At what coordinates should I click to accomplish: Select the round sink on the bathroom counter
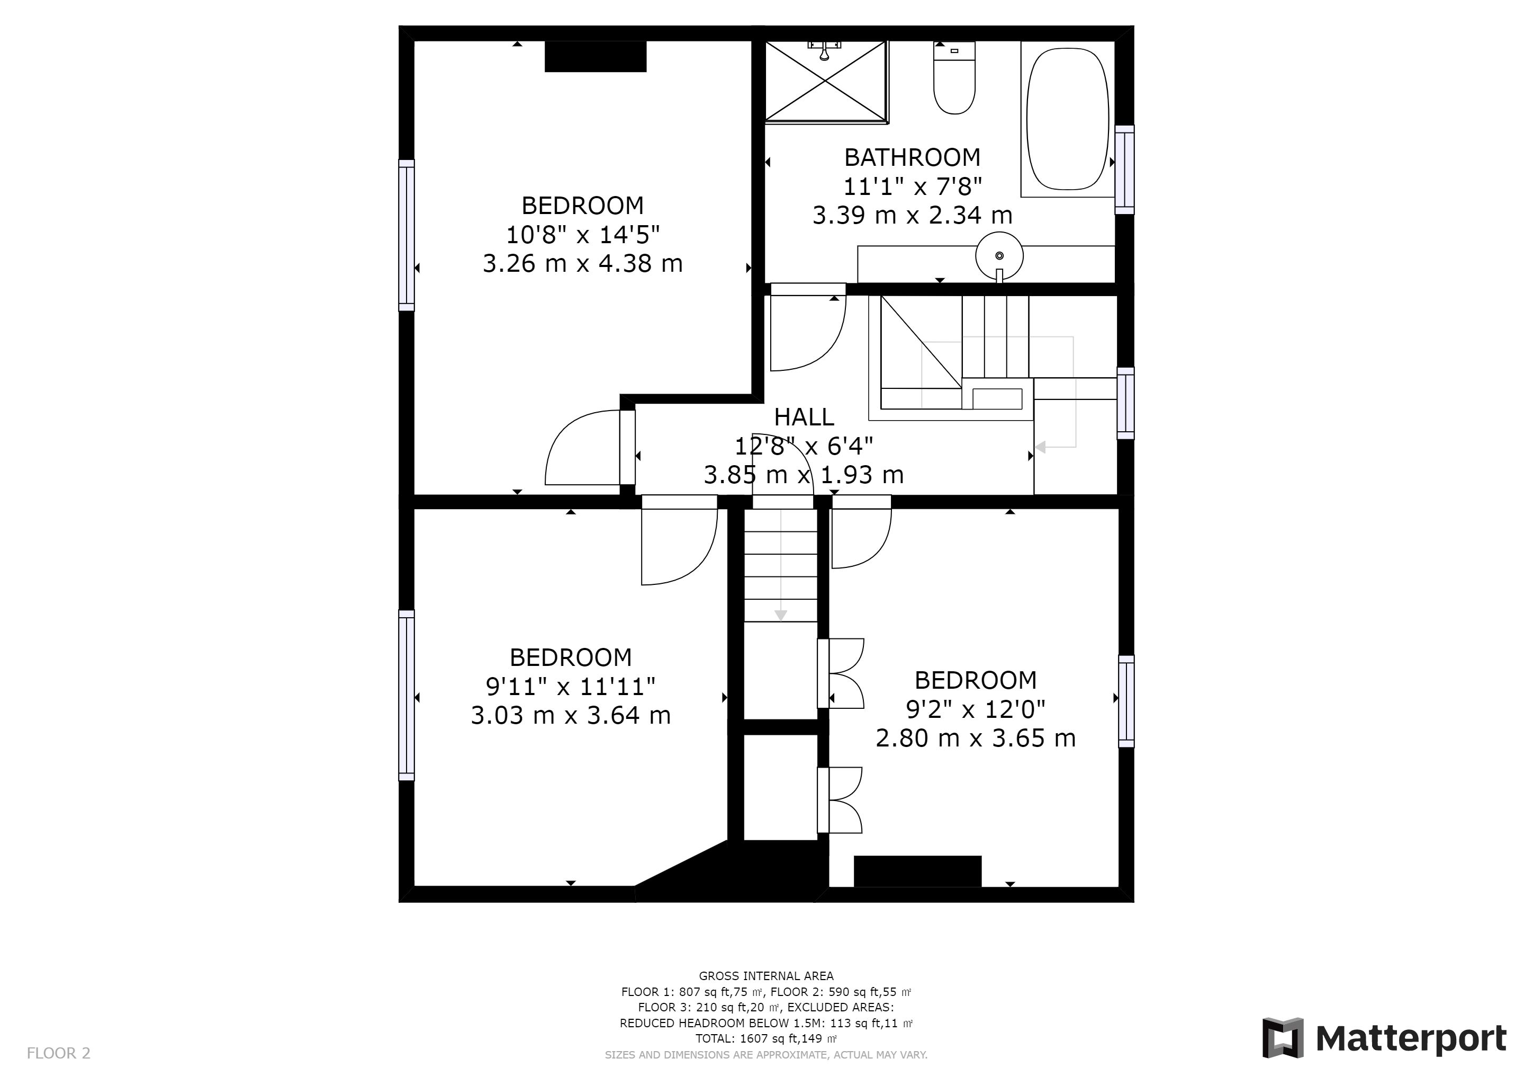tap(999, 256)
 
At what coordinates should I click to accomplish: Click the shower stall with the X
tap(827, 82)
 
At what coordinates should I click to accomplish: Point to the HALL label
tap(804, 417)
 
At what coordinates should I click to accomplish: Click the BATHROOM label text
tap(912, 158)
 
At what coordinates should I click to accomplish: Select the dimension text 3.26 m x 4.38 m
tap(583, 263)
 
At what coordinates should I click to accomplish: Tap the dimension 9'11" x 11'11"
tap(570, 686)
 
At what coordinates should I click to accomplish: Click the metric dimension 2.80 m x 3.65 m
tap(976, 738)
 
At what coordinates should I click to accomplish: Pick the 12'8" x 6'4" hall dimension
tap(804, 446)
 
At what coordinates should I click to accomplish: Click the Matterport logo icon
tap(1283, 1037)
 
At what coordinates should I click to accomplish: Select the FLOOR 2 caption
tap(59, 1054)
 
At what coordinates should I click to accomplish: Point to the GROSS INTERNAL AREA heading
tap(766, 976)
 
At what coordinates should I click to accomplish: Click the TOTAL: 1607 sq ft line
tap(766, 1039)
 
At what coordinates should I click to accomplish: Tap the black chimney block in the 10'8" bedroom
tap(596, 56)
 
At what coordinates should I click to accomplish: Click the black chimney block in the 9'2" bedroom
tap(917, 871)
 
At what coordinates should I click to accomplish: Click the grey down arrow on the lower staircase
tap(780, 615)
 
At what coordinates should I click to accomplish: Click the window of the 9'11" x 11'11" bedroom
tap(407, 696)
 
